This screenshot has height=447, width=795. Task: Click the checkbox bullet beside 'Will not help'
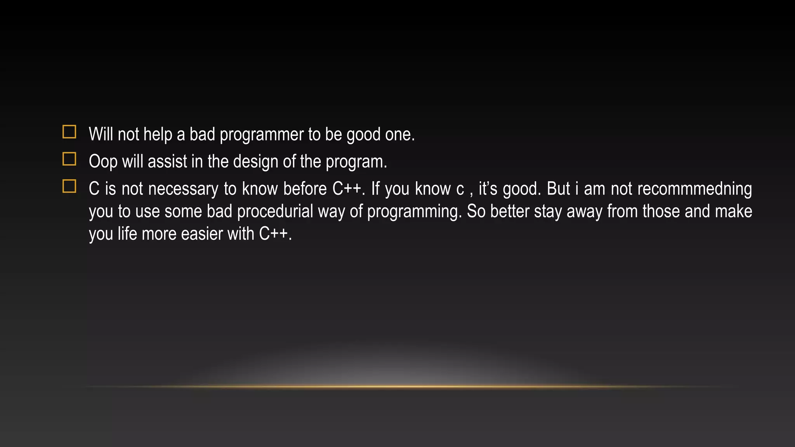coord(69,132)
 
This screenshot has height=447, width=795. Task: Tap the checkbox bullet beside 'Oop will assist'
coord(69,159)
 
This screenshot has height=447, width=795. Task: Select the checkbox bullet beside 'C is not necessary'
coord(69,186)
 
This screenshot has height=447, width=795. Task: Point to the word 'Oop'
coord(103,162)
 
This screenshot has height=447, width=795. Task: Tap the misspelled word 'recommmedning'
coord(694,189)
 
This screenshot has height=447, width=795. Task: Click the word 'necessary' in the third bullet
coord(183,189)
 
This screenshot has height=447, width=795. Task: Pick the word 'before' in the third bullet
coord(305,189)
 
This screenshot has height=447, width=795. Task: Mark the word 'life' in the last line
coord(127,234)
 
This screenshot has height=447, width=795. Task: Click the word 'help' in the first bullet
coord(158,135)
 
